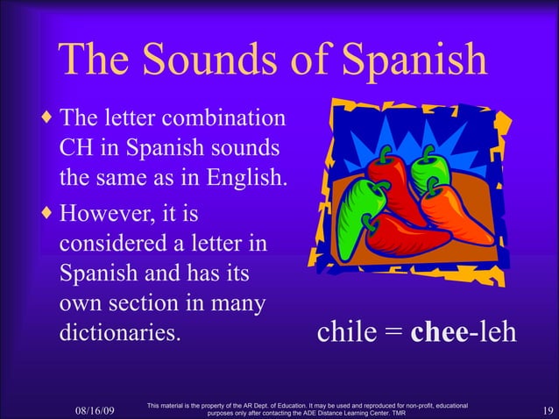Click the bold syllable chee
pos(439,334)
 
